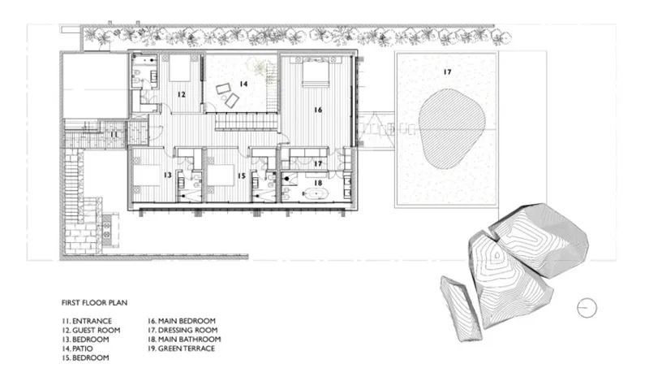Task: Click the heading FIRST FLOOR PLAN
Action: pos(94,303)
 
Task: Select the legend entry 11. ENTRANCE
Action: pos(87,321)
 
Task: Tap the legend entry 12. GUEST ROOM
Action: pos(91,330)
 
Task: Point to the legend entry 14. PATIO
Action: pos(77,349)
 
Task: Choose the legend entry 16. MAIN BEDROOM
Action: pos(182,321)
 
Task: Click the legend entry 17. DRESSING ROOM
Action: pos(183,330)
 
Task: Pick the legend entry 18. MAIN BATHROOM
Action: pos(184,340)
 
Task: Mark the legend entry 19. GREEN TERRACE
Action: pos(181,349)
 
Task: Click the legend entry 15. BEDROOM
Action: pos(85,357)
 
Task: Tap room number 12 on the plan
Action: pos(181,94)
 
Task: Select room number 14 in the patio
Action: pos(243,84)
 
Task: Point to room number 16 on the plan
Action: pos(318,110)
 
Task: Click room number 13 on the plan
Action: pos(167,175)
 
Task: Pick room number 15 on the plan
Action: pos(242,175)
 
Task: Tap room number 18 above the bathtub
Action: pos(318,183)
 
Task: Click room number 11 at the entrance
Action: pos(114,134)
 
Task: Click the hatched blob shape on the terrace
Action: pos(452,129)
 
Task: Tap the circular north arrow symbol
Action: pos(587,308)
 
